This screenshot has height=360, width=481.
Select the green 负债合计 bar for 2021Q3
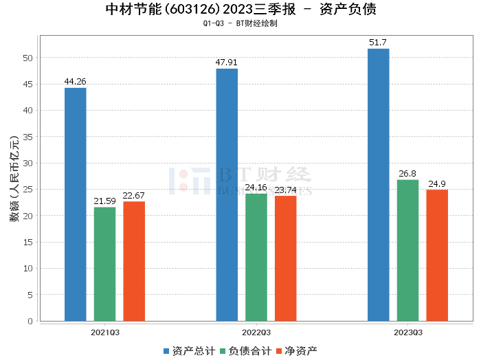[104, 264]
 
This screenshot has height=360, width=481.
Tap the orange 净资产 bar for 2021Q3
[134, 261]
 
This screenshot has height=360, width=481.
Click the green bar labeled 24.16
[256, 257]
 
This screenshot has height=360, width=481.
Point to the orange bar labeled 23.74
[285, 258]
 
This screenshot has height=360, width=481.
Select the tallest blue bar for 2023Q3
[378, 185]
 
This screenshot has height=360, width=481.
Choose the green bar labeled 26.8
[407, 250]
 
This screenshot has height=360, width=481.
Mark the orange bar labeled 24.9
[437, 255]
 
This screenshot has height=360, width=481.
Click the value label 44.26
[75, 82]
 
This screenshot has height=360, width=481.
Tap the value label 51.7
[378, 43]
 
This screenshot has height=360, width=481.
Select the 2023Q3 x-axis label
[407, 333]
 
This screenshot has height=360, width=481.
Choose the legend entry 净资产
[296, 351]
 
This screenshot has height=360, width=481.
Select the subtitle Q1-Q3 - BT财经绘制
[240, 23]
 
